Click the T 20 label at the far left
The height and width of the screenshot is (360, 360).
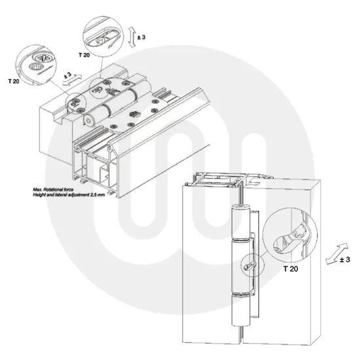pyautogui.click(x=14, y=81)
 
